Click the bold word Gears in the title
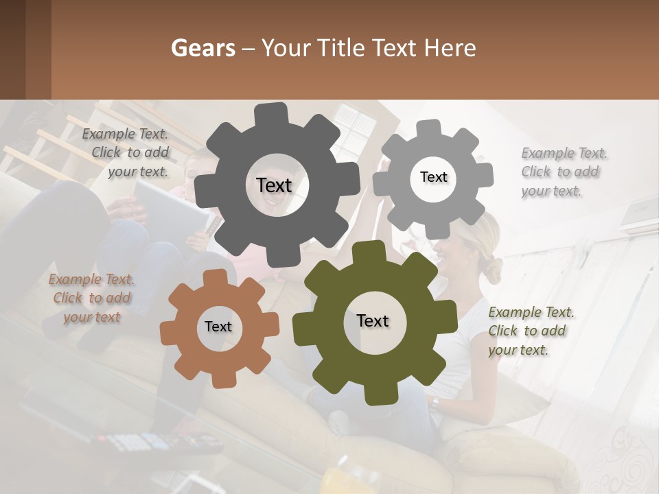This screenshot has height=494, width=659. point(203,48)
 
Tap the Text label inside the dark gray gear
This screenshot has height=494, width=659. point(274,185)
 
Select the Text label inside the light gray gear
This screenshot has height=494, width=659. point(433,177)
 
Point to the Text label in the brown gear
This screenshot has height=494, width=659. point(218,327)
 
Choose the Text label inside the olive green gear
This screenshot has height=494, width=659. point(373,320)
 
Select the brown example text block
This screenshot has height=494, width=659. point(91,298)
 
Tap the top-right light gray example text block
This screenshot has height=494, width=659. point(564,172)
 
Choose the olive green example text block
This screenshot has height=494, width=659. point(531,331)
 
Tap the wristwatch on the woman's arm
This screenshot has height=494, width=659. point(435,403)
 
